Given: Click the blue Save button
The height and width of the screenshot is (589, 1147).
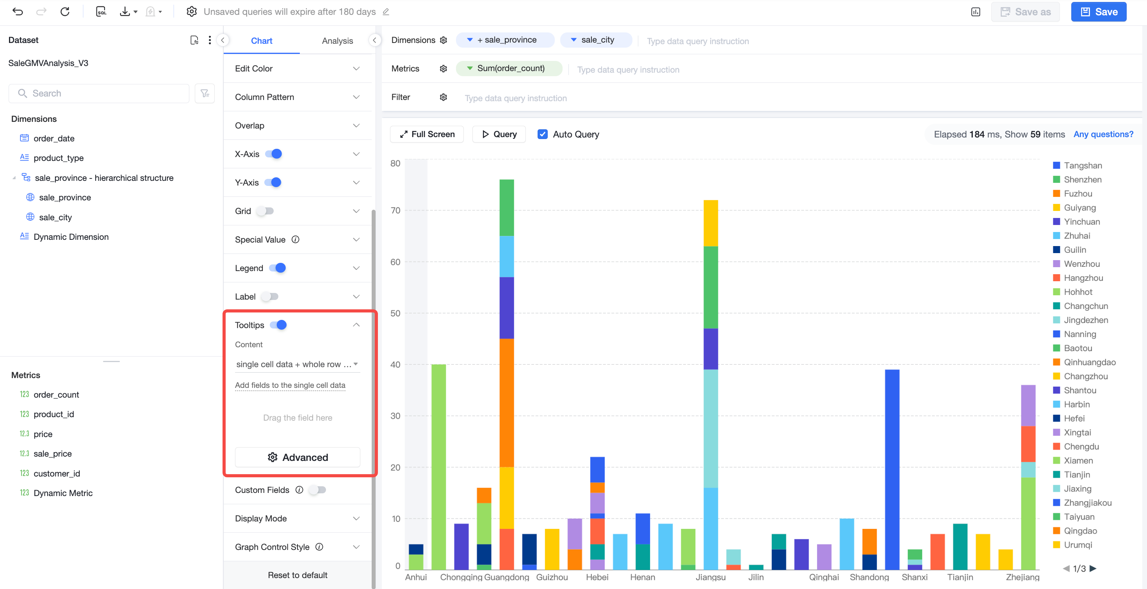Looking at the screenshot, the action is pyautogui.click(x=1099, y=12).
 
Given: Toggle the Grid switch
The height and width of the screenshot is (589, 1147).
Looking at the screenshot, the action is pyautogui.click(x=265, y=211).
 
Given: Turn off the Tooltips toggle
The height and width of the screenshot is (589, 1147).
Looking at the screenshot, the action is pyautogui.click(x=278, y=325).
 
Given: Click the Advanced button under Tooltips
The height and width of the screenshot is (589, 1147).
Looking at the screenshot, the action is pyautogui.click(x=297, y=457).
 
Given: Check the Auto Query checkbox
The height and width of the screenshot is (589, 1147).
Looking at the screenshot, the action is pyautogui.click(x=542, y=134).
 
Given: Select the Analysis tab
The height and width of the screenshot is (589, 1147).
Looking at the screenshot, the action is pyautogui.click(x=337, y=41).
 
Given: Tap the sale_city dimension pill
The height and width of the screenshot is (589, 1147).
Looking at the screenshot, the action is pyautogui.click(x=596, y=40).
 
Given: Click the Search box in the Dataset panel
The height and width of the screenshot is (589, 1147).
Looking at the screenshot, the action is pyautogui.click(x=99, y=93).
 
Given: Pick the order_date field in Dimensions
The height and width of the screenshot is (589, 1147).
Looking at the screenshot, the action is pyautogui.click(x=54, y=138).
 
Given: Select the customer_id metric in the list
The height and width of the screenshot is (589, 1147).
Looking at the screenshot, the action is pyautogui.click(x=57, y=473).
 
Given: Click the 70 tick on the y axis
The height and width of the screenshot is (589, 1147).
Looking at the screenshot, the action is pyautogui.click(x=395, y=210).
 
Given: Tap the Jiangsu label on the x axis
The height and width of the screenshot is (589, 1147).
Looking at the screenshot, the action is pyautogui.click(x=711, y=577).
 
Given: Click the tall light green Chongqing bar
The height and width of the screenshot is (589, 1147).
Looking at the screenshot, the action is pyautogui.click(x=438, y=467).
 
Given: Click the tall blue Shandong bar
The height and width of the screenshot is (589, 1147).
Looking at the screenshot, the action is pyautogui.click(x=892, y=469).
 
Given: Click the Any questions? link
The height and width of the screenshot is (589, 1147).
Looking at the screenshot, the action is pyautogui.click(x=1103, y=134).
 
